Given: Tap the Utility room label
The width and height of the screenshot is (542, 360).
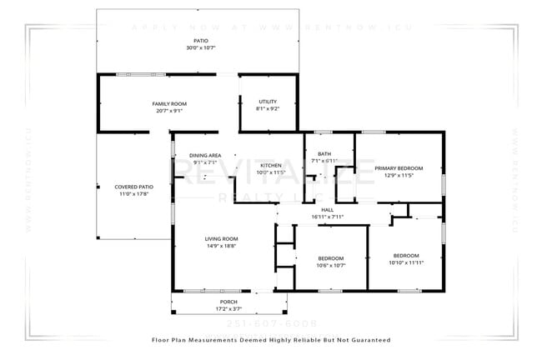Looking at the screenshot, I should click(267, 102).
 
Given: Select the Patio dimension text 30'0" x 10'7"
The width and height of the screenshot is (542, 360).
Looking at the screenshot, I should click(201, 47).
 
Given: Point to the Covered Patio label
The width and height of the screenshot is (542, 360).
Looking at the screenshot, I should click(133, 187).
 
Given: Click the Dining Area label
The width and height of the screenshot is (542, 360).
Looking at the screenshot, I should click(204, 156).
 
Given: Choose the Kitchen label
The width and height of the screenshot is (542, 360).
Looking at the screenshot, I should click(271, 166).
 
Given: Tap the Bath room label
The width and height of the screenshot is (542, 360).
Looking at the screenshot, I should click(324, 153).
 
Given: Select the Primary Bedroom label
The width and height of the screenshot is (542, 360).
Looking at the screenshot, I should click(399, 168).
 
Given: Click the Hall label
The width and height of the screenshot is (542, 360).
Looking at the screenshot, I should click(327, 209).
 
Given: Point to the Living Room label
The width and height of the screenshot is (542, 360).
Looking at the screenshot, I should click(221, 238).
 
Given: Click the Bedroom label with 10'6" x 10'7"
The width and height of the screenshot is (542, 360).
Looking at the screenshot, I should click(331, 258).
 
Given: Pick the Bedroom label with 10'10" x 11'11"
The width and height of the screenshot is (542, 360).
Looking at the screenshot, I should click(406, 255).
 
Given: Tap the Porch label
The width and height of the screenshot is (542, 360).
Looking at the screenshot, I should click(228, 302).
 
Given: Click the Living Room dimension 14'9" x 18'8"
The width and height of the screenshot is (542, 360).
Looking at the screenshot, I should click(221, 246).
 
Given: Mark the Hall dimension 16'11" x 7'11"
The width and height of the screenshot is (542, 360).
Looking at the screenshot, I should click(327, 217).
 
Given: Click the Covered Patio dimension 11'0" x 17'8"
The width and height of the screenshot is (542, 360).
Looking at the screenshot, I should click(133, 194).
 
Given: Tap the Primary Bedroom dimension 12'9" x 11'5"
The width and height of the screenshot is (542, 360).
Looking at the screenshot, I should click(399, 176).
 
